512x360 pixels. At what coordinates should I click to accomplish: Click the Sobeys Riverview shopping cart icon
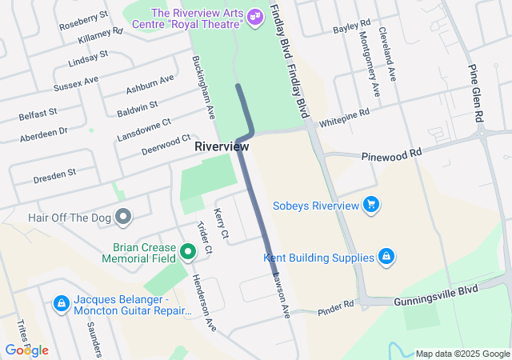coord(370,206)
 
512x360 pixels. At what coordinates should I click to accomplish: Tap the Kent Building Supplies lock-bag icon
coord(386,257)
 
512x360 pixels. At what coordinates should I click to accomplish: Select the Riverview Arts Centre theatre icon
coord(254,16)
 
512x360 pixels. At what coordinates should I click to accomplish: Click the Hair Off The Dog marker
coord(122,216)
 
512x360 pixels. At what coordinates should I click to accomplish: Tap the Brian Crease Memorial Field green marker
coord(188,253)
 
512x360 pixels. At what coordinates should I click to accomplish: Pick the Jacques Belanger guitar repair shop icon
coord(61,304)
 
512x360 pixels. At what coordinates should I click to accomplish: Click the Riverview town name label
coord(222,147)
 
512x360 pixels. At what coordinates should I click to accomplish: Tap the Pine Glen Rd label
coord(478,94)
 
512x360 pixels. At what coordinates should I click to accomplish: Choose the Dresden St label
coord(54,174)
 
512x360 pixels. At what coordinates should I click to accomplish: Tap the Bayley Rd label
coord(351,27)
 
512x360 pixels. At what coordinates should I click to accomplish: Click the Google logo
coord(26,350)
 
